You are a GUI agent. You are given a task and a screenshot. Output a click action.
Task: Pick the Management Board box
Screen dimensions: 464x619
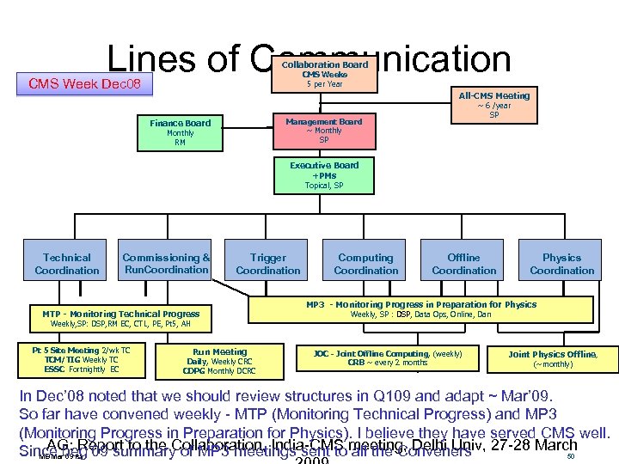(x=323, y=129)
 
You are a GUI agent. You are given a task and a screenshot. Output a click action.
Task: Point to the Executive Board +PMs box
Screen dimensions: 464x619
(x=324, y=174)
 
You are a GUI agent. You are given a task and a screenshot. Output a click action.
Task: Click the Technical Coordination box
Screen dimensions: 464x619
(x=67, y=264)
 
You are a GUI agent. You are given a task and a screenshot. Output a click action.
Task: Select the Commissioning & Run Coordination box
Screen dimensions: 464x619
(x=167, y=262)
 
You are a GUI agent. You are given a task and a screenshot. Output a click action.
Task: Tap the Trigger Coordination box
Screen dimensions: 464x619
(x=267, y=264)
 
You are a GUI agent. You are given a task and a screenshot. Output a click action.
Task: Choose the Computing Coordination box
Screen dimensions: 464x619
(x=365, y=264)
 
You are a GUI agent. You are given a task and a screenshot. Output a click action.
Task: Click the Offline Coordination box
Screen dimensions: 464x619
(x=463, y=264)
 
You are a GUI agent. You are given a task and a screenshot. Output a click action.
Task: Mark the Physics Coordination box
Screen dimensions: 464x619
(x=561, y=264)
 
